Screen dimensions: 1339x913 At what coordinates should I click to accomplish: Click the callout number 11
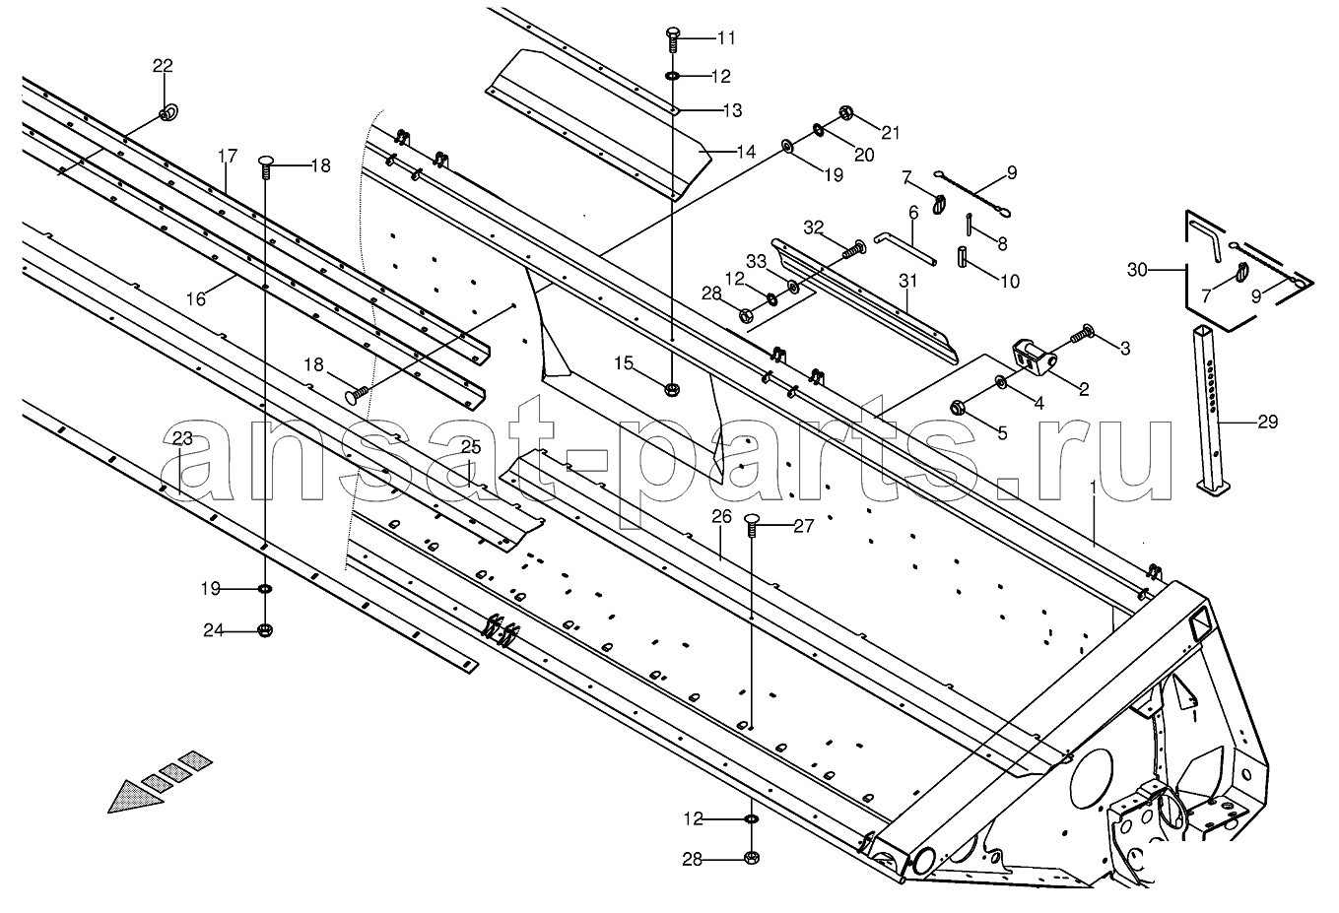[x=726, y=38]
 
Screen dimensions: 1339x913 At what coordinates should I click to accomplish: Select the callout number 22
[x=163, y=65]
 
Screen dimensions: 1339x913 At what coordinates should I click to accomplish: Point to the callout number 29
[x=1268, y=422]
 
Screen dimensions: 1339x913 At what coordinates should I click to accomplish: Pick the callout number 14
[x=746, y=152]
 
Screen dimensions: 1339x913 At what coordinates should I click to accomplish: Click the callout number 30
[x=1138, y=270]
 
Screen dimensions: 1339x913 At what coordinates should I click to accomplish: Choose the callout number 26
[x=721, y=516]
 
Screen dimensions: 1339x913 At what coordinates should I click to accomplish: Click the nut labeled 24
[x=265, y=629]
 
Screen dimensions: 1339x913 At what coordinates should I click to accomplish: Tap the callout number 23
[x=182, y=439]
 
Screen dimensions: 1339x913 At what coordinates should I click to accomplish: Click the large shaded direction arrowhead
[x=135, y=796]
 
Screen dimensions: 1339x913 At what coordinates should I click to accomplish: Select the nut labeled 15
[x=673, y=390]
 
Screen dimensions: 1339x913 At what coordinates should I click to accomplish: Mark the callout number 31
[x=907, y=281]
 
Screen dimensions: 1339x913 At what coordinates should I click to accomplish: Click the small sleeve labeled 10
[x=963, y=257]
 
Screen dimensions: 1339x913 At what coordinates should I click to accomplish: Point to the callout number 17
[x=228, y=156]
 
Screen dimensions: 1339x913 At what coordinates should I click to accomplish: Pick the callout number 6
[x=912, y=212]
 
